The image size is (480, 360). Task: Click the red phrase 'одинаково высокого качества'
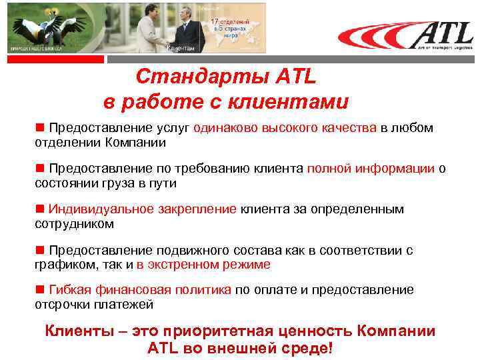click(x=286, y=128)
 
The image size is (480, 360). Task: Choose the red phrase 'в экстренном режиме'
click(x=203, y=264)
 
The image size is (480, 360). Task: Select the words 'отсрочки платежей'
click(x=93, y=305)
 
